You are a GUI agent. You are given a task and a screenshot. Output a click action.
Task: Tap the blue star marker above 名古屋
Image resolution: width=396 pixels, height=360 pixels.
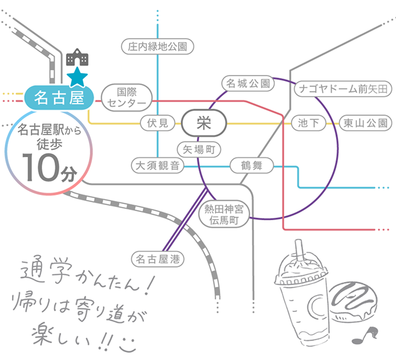click(x=77, y=77)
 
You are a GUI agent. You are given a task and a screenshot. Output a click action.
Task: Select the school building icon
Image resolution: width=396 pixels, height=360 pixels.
click(x=77, y=58)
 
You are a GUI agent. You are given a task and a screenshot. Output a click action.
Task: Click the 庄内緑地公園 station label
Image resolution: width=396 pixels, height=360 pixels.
click(x=158, y=46)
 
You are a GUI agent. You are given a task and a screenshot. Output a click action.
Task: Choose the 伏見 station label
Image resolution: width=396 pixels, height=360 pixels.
click(x=158, y=123)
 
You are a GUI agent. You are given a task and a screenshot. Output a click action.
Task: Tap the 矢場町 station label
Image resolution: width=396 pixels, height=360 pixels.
click(x=198, y=149)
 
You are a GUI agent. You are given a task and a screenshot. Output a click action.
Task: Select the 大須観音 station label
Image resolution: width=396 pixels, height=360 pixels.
click(x=158, y=165)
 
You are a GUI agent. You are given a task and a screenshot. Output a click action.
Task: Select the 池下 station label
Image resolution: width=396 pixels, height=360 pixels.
click(x=308, y=123)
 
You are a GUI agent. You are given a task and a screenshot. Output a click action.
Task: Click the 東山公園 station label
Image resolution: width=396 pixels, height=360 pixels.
click(x=365, y=123)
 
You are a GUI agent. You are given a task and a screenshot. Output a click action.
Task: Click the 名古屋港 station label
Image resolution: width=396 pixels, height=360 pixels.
click(x=158, y=259)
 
